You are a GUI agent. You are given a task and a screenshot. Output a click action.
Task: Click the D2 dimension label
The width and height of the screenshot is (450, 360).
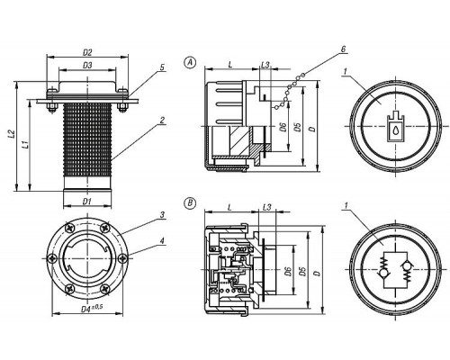87,52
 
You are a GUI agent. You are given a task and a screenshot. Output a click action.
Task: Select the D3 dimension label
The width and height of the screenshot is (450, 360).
87,65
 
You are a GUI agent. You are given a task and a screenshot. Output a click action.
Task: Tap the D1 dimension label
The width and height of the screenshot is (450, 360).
86,202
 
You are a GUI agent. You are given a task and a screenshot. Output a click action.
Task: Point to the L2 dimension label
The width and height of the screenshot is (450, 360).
11,133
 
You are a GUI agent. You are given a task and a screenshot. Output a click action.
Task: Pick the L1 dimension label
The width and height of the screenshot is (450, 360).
25,145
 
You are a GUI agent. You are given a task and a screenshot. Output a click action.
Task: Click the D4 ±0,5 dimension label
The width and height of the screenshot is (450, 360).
92,309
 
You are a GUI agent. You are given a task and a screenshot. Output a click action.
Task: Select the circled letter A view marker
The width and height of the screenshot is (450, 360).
190,62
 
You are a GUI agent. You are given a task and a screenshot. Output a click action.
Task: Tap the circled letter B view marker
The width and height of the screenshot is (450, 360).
190,203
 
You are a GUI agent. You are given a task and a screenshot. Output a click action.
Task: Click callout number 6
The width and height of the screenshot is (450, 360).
344,49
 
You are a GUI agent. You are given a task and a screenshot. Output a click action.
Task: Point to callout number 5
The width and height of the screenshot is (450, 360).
162,67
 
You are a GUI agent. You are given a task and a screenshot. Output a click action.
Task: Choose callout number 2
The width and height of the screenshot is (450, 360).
162,121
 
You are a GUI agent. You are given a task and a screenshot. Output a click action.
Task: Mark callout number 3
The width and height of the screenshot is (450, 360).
162,215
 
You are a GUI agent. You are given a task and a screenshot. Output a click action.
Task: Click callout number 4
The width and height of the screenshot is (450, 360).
162,240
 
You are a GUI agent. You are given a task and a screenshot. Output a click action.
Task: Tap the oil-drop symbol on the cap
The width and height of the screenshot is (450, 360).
396,130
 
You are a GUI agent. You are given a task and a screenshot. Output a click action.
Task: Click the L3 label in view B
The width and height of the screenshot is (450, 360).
266,207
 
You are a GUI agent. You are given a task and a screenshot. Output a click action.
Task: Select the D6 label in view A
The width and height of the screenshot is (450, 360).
283,127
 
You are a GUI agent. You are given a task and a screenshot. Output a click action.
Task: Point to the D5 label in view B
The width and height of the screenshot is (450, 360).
303,272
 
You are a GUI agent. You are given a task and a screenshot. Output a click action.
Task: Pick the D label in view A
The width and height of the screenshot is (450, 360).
312,129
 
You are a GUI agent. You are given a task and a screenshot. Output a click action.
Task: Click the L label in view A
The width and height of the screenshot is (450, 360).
230,64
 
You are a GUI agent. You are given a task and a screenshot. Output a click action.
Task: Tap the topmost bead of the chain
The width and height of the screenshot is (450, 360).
303,75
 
